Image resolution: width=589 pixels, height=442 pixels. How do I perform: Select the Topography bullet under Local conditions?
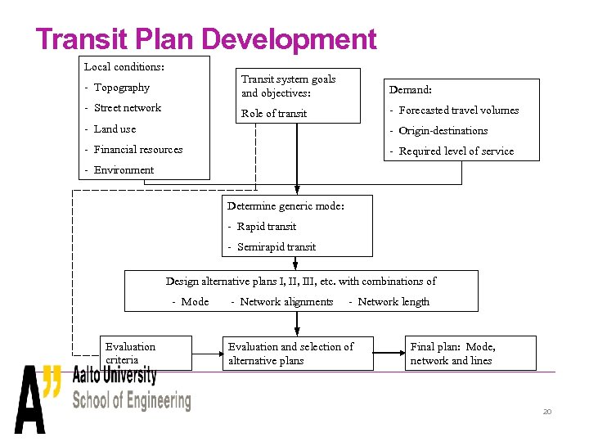coord(121,88)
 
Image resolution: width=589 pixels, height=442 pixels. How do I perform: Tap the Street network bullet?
coord(127,108)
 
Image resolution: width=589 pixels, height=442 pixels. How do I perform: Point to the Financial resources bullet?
coord(137,150)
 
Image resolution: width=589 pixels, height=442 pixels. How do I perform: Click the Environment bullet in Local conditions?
coord(123,170)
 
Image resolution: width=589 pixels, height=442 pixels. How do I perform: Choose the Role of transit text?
coord(274,114)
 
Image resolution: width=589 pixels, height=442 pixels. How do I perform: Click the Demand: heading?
coord(410,90)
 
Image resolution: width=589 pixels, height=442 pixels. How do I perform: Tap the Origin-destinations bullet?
coord(443,131)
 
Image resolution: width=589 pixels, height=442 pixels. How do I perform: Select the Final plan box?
coord(470,353)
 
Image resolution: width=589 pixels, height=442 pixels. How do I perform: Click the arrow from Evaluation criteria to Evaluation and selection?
coord(207,353)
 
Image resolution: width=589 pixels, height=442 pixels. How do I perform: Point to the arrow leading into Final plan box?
coord(390,353)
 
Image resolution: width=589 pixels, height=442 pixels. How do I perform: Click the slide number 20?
coord(547,412)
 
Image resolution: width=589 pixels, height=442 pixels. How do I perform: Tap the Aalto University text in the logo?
coord(115,376)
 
